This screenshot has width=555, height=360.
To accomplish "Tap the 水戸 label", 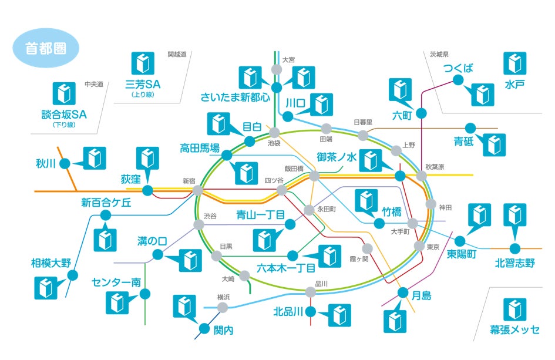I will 514,85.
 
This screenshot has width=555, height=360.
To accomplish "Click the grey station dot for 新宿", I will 198,191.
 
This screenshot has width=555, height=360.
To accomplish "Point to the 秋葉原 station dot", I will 422,176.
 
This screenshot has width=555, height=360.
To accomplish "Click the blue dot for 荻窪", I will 147,190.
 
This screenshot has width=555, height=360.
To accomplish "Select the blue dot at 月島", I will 403,293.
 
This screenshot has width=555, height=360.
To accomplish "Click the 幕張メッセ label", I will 514,329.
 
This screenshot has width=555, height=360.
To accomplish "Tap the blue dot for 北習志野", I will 514,248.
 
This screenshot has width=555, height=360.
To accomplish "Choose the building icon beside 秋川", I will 94,158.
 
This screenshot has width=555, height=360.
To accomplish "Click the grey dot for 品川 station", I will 311,292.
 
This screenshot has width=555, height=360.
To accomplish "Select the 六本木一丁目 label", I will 286,268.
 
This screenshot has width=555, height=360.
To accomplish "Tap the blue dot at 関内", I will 204,329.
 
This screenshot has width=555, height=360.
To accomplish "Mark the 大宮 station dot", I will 276,70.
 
